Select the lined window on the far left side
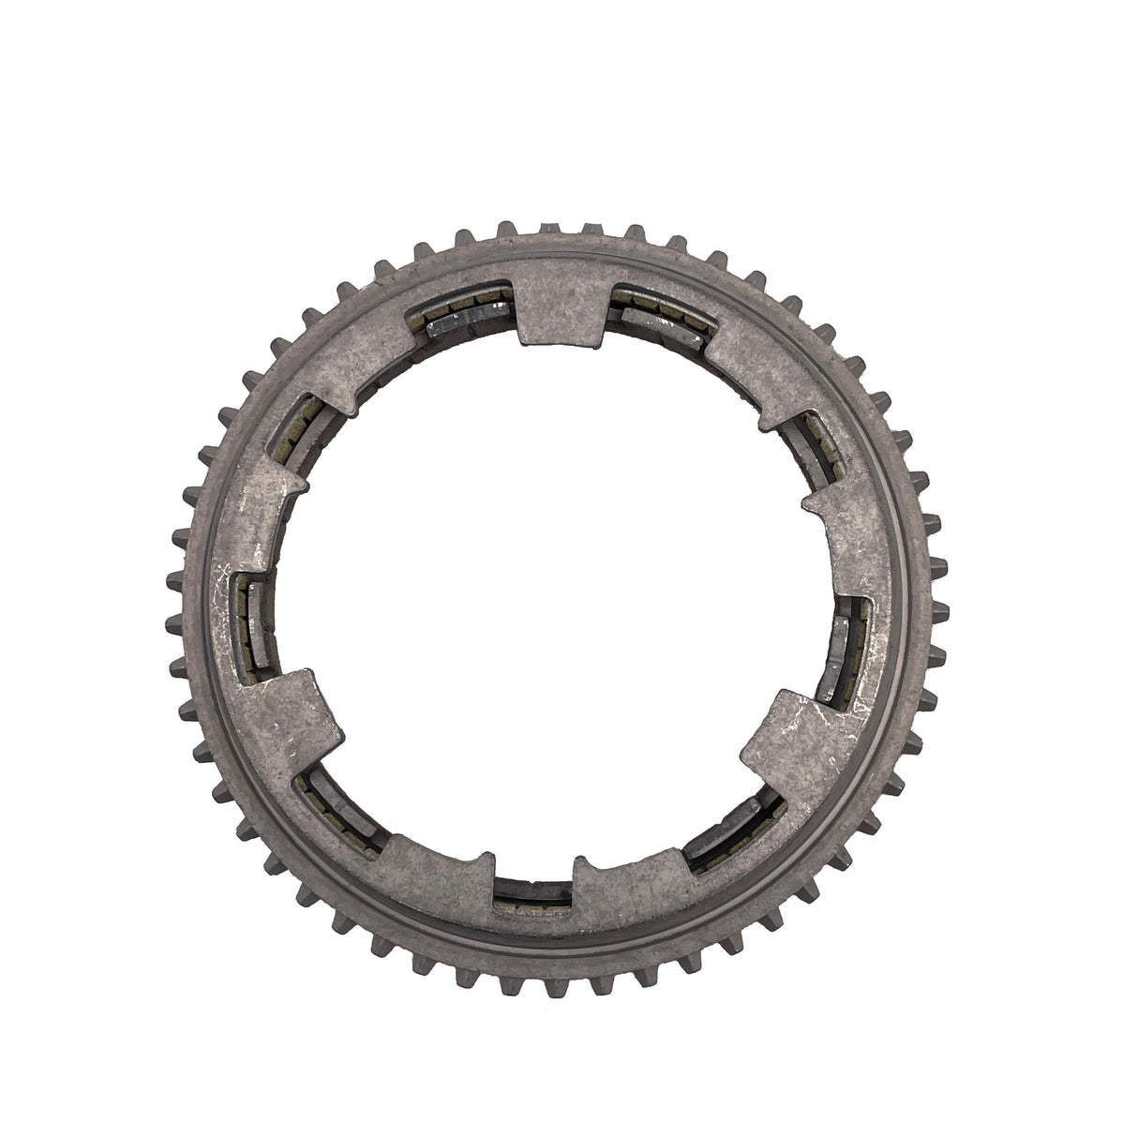251,619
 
